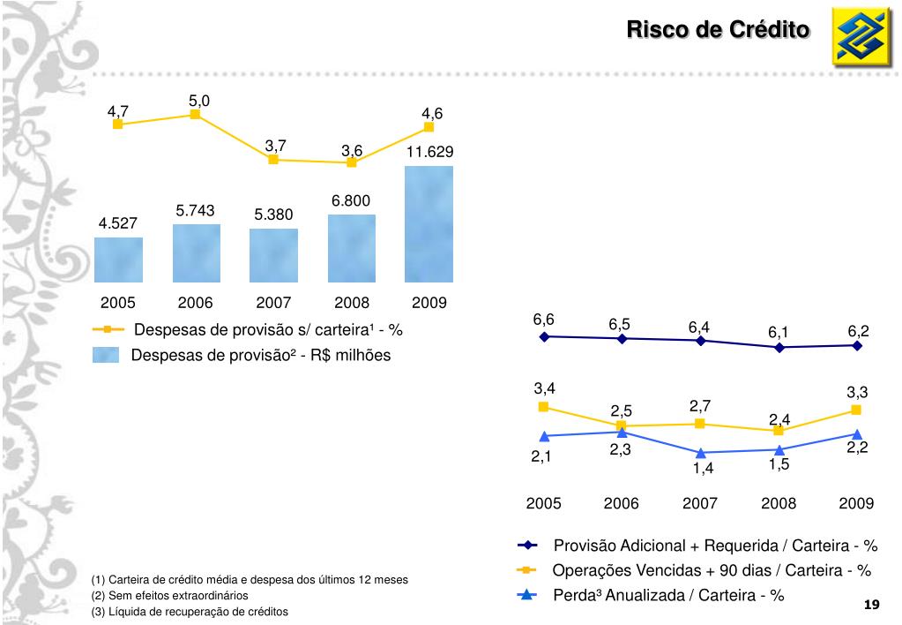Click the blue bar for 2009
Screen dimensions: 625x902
point(429,224)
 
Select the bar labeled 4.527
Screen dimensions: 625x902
point(118,260)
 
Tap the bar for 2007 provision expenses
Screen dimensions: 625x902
point(273,255)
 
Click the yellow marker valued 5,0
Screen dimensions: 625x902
point(195,114)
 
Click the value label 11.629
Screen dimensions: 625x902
point(429,152)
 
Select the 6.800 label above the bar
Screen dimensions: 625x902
point(351,200)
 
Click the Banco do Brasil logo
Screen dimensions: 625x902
point(861,38)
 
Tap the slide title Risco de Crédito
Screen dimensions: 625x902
point(717,30)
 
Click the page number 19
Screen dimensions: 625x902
point(872,605)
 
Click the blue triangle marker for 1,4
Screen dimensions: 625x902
point(701,453)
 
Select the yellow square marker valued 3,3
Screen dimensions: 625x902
point(856,410)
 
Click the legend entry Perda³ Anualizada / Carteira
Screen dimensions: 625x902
point(668,595)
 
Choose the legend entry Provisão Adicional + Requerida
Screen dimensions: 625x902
point(715,545)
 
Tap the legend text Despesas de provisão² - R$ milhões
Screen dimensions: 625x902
point(260,355)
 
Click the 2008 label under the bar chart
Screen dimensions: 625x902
point(351,303)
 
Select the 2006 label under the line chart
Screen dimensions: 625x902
point(622,503)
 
